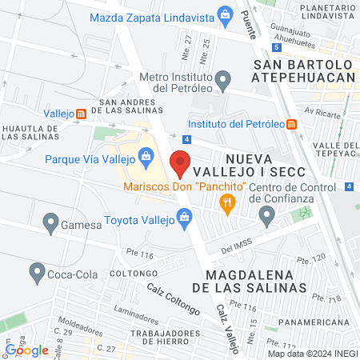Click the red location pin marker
tap(180, 162)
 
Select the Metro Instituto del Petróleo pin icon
tap(225, 79)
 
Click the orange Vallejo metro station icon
tap(82, 114)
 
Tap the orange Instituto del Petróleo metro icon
tap(292, 124)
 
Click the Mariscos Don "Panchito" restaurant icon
tap(229, 202)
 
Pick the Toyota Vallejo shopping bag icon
tap(185, 215)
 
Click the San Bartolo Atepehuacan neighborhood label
tap(302, 70)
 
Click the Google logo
tap(27, 350)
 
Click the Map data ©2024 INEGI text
tap(313, 353)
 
